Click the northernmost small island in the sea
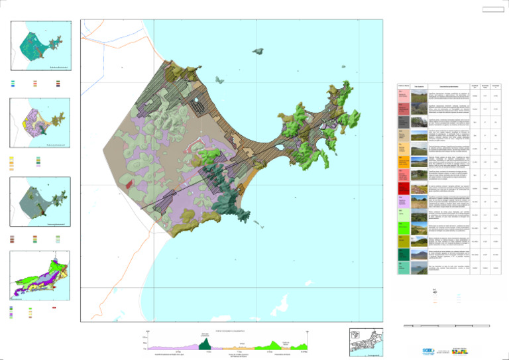coord(257,49)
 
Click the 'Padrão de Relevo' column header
coord(403,87)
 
